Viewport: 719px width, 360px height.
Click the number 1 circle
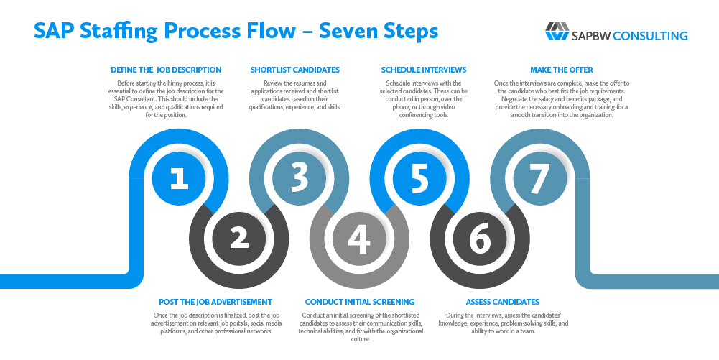[x=179, y=178]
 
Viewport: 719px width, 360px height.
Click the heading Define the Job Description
[x=166, y=70]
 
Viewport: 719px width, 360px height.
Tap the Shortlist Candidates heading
[x=294, y=70]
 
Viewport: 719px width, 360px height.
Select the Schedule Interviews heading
[x=423, y=70]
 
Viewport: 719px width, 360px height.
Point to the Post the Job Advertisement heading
[x=215, y=302]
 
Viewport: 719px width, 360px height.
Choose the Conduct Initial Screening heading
[x=360, y=302]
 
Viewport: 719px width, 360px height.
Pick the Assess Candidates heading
[x=502, y=302]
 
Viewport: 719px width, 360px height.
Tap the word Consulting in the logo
[x=651, y=35]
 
